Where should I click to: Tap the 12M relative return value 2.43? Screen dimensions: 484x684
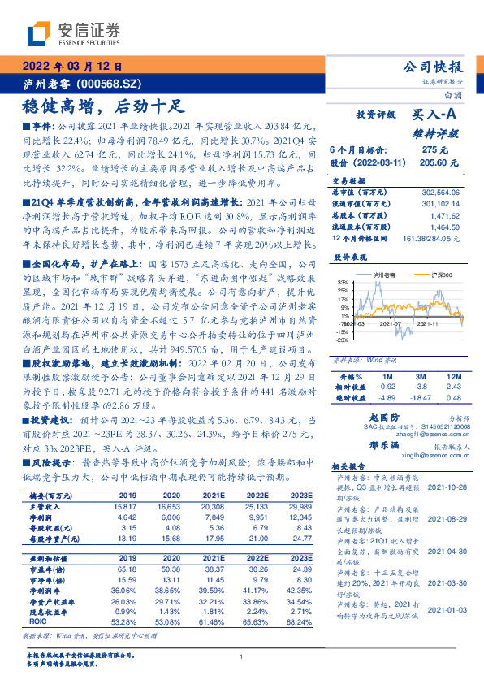click(x=452, y=387)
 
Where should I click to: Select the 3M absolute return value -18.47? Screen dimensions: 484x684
click(x=420, y=397)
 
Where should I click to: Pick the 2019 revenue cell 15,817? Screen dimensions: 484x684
click(x=129, y=507)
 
